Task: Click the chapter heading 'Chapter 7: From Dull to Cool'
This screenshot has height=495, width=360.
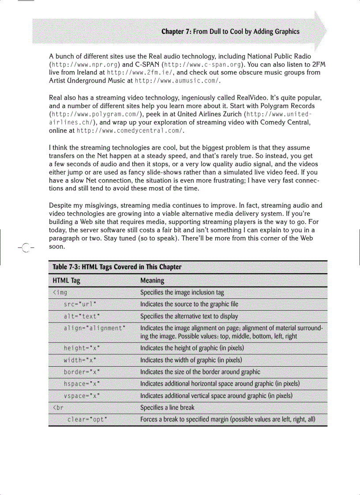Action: click(230, 31)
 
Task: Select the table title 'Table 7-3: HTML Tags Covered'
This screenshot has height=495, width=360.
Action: click(117, 267)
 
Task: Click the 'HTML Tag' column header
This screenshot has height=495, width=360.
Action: click(67, 280)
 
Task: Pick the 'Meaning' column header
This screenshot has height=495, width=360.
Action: click(152, 280)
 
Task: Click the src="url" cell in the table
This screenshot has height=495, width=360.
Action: click(80, 304)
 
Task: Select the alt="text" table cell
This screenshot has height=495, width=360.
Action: click(82, 316)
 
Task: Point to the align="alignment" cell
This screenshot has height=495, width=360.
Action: click(95, 328)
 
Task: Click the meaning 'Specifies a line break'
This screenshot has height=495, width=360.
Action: click(167, 408)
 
